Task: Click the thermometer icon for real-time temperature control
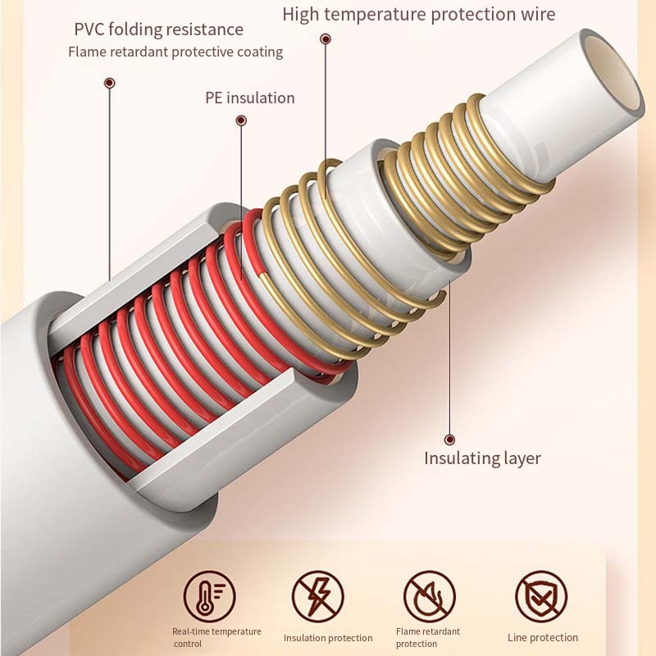[x=209, y=596]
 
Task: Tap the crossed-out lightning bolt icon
[x=318, y=596]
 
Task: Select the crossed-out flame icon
[x=429, y=596]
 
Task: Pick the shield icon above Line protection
[x=541, y=596]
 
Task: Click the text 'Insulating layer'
[x=482, y=458]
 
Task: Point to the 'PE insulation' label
[x=250, y=98]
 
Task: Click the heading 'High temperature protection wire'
[x=418, y=15]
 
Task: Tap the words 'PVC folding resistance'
[x=158, y=30]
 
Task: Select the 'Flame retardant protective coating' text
[x=175, y=52]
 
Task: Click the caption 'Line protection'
[x=543, y=638]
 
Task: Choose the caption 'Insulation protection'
[x=328, y=638]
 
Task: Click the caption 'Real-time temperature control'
[x=216, y=637]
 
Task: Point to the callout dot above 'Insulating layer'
[x=449, y=440]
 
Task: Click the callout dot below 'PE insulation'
[x=241, y=121]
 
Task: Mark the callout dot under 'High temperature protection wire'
[x=326, y=39]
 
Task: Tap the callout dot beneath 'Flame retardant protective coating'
[x=109, y=83]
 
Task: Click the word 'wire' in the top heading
[x=537, y=15]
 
